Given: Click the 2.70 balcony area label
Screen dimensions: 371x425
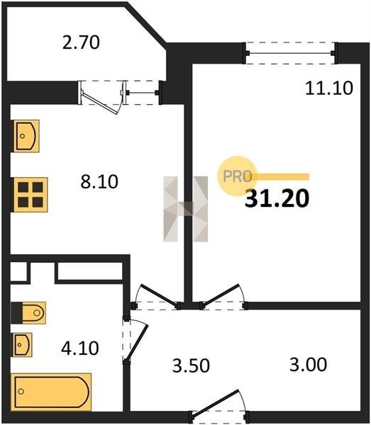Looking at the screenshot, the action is tap(81, 42).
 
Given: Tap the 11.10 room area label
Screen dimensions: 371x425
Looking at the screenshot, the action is tap(329, 88).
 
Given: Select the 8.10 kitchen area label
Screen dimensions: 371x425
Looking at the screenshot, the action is tap(99, 181).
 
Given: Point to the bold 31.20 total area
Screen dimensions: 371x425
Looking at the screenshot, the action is tap(277, 198).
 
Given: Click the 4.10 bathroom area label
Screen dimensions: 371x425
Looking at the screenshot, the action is tap(79, 348).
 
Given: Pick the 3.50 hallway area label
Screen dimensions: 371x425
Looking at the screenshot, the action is tap(191, 365).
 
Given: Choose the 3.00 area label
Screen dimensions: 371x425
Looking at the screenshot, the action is tap(308, 365).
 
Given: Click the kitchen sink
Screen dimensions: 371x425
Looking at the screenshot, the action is tap(26, 136).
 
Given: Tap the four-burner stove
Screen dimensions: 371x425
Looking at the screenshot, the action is tap(31, 195).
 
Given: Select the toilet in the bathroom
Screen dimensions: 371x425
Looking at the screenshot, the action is tap(28, 313).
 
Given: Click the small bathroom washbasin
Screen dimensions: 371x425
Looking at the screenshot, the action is tap(23, 345).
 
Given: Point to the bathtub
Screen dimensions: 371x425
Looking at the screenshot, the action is tap(51, 392).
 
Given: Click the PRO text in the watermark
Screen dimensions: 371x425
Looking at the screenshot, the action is tap(237, 176).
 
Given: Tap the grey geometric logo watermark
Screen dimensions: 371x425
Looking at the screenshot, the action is tap(186, 209).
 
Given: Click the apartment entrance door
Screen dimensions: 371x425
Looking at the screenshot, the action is tap(218, 407).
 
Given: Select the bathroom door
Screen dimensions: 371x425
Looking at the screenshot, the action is tap(135, 341).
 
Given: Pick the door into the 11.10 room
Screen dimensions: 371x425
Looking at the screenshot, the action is tap(223, 297).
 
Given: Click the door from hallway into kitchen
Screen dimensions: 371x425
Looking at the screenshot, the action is tap(156, 297).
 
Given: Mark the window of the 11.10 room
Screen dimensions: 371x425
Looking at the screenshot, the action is tap(290, 53).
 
